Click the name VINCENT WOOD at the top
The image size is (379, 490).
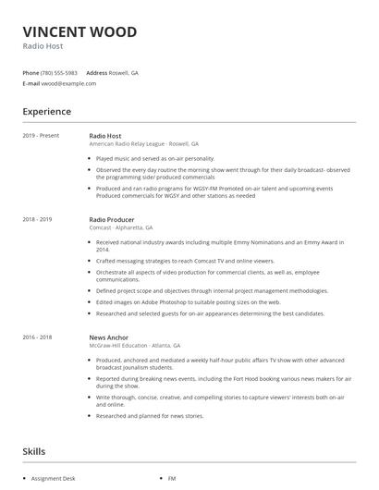pyautogui.click(x=79, y=32)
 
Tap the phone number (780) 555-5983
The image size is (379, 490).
pyautogui.click(x=59, y=72)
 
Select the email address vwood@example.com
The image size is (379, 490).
pyautogui.click(x=68, y=83)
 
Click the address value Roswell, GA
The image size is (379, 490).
pyautogui.click(x=124, y=72)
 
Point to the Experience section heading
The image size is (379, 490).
pyautogui.click(x=46, y=112)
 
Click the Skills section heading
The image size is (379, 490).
pyautogui.click(x=34, y=451)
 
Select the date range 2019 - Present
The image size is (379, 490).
pyautogui.click(x=42, y=136)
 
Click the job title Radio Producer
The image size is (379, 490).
pyautogui.click(x=113, y=219)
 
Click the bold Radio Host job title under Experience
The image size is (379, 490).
pyautogui.click(x=105, y=136)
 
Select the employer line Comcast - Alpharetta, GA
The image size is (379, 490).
pyautogui.click(x=121, y=227)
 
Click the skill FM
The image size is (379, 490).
pyautogui.click(x=172, y=479)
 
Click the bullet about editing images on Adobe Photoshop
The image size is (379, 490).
pyautogui.click(x=188, y=301)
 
